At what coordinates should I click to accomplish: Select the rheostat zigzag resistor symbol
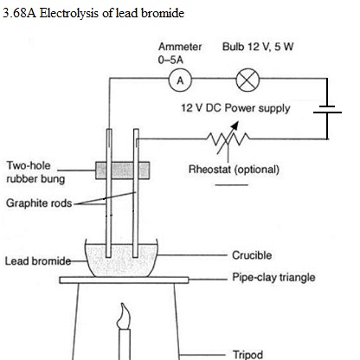coord(228,139)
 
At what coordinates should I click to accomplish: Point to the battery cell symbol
coord(327,109)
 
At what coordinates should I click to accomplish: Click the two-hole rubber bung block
coord(123,170)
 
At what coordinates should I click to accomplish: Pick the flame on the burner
coord(124,316)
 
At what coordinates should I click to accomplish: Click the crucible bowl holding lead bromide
coord(121,258)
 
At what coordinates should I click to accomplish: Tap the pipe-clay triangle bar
coord(124,280)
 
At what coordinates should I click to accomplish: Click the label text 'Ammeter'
coord(180,47)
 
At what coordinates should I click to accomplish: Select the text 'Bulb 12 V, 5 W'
coord(258,47)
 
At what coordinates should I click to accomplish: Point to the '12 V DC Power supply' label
coord(235,108)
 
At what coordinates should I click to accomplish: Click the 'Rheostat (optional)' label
coord(234,170)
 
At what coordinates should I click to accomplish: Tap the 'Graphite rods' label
coord(39,203)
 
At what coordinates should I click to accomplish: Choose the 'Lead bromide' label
coord(38,261)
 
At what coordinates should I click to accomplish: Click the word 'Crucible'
coord(252,255)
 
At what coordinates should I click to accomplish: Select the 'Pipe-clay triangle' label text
coord(273,278)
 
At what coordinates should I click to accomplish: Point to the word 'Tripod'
coord(247,355)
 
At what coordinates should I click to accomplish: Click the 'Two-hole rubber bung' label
coord(35,172)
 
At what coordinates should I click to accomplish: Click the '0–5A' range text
coord(170,60)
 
